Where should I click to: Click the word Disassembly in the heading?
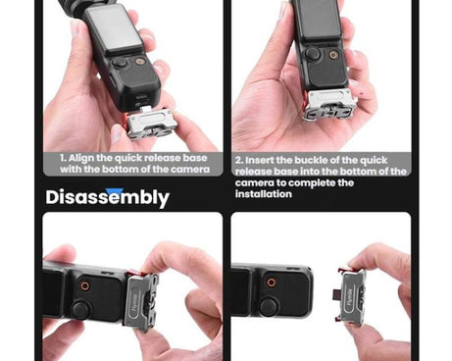point(107,197)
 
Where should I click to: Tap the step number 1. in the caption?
point(64,156)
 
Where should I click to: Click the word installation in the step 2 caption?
point(263,194)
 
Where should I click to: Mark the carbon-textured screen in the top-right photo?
point(317,20)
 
